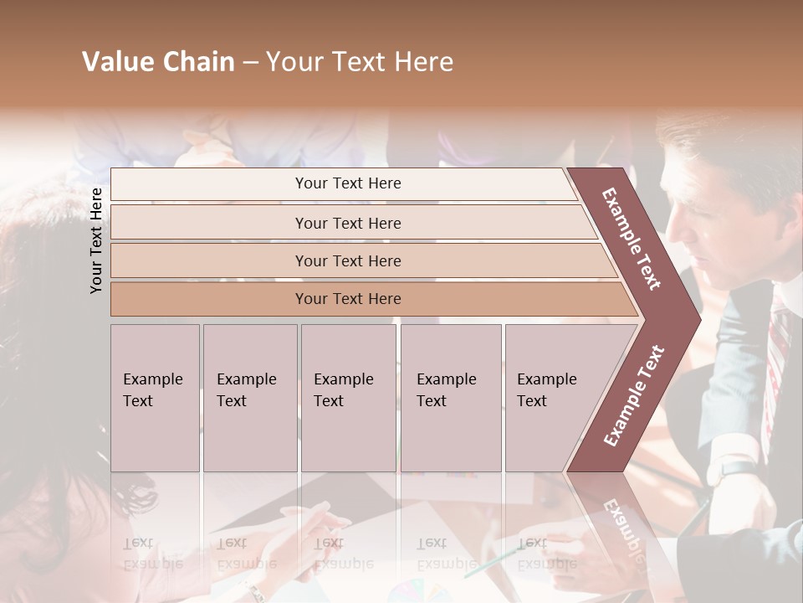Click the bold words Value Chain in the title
pyautogui.click(x=158, y=62)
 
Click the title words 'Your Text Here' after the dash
pyautogui.click(x=360, y=62)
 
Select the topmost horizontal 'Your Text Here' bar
pyautogui.click(x=348, y=183)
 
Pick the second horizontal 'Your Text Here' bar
pyautogui.click(x=348, y=223)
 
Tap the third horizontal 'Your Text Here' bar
pyautogui.click(x=348, y=260)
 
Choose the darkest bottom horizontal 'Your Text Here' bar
pyautogui.click(x=348, y=299)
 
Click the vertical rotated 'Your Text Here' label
pyautogui.click(x=96, y=240)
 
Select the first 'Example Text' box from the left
pyautogui.click(x=155, y=398)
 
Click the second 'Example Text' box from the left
pyautogui.click(x=249, y=398)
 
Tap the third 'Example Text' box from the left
pyautogui.click(x=348, y=398)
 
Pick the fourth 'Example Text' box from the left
pyautogui.click(x=451, y=398)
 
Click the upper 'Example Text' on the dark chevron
pyautogui.click(x=632, y=239)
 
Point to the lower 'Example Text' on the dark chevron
pyautogui.click(x=634, y=396)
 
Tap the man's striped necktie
pyautogui.click(x=777, y=352)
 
